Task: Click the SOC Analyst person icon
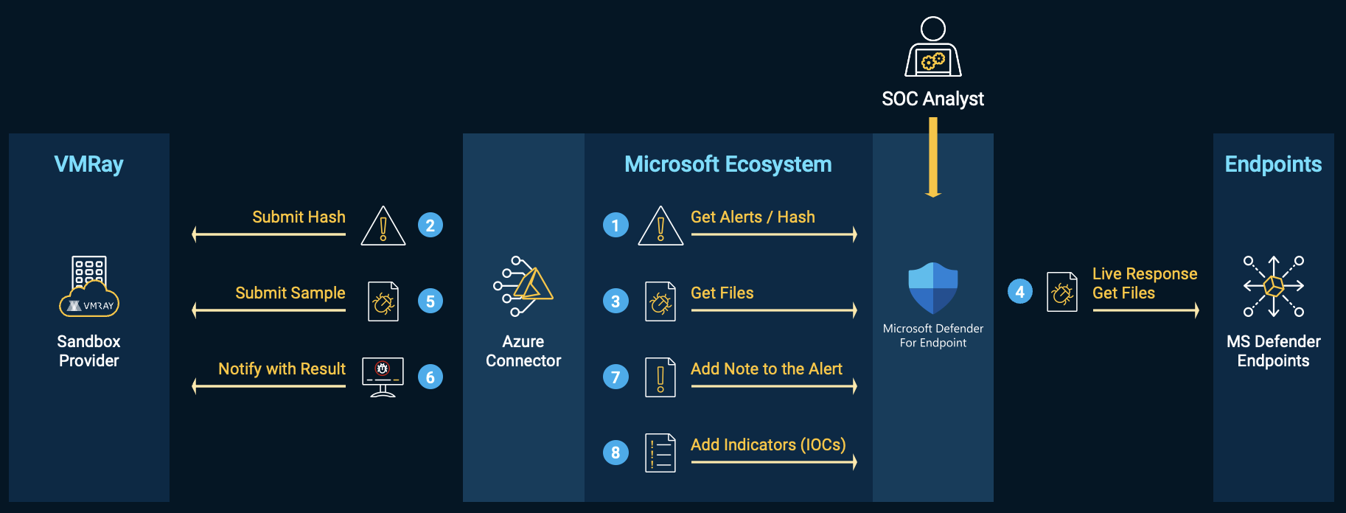click(933, 46)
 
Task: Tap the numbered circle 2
click(430, 225)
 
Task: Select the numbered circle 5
click(430, 301)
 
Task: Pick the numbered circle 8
click(616, 453)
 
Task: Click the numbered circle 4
click(1020, 292)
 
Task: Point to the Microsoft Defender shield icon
click(933, 288)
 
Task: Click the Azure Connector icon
click(523, 286)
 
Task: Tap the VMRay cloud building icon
click(89, 286)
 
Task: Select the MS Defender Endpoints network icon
click(1274, 286)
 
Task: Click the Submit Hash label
click(299, 217)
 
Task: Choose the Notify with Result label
click(282, 369)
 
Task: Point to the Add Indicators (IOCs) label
click(768, 444)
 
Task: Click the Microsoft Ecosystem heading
click(728, 164)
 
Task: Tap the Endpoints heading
click(1274, 164)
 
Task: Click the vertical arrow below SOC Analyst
click(933, 157)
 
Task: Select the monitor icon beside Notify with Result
click(383, 377)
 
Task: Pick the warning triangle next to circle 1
click(660, 226)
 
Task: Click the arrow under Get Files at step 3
click(774, 310)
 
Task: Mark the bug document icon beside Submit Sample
click(383, 301)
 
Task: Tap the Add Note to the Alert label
click(767, 369)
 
